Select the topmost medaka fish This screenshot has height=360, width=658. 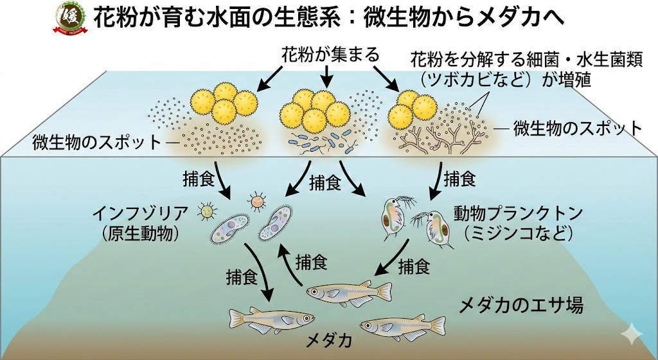tap(348, 292)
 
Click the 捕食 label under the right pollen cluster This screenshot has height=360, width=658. tap(459, 179)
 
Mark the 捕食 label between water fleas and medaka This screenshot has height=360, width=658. tap(414, 266)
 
